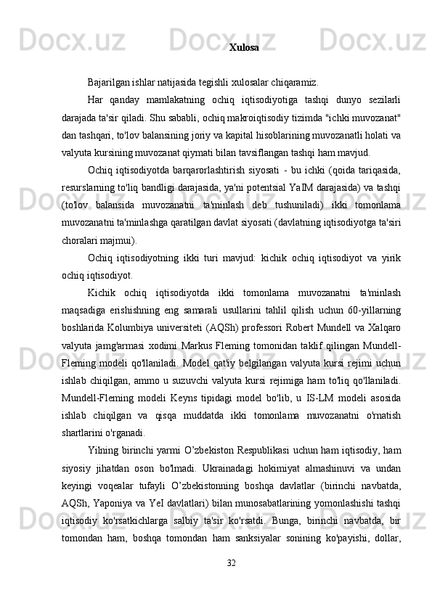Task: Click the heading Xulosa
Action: (x=243, y=48)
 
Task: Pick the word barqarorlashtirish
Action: (x=187, y=171)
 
